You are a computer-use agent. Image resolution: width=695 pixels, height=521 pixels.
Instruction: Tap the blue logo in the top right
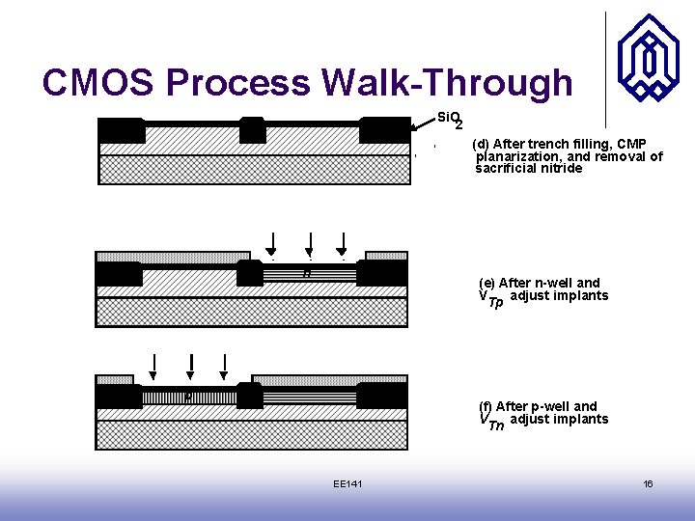(649, 58)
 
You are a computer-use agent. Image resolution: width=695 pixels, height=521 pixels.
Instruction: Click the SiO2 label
(450, 119)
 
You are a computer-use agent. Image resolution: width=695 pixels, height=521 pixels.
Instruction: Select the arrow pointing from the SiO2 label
(421, 123)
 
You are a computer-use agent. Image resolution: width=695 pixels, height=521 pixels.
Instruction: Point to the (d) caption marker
(480, 144)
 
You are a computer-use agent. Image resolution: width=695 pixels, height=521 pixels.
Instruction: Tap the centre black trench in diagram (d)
(253, 129)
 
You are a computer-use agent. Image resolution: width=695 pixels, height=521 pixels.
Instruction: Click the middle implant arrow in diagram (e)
(309, 244)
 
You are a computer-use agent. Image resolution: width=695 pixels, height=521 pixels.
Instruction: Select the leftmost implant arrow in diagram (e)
(273, 244)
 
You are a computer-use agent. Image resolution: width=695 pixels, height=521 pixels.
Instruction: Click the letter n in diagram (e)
(306, 274)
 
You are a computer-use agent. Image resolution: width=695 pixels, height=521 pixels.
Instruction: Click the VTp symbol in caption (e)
(490, 299)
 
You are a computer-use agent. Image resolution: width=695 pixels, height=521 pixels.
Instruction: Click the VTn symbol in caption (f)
(491, 422)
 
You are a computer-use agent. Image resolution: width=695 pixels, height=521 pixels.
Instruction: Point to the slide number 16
(648, 483)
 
